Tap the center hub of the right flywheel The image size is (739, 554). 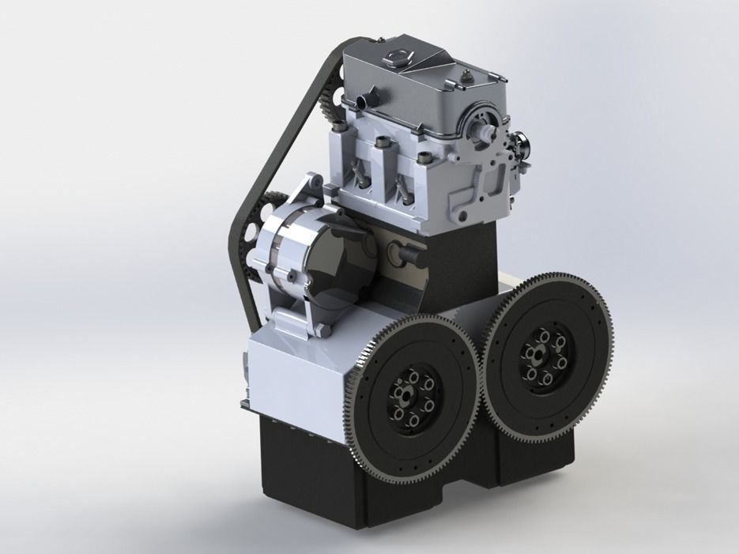pos(543,357)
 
